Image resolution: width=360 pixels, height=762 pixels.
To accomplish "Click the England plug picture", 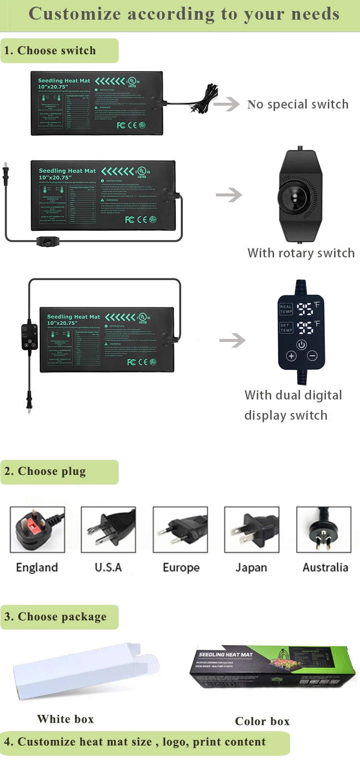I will [x=37, y=530].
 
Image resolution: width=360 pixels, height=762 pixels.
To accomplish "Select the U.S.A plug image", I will [x=108, y=530].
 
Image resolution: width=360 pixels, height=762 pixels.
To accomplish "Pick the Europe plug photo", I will [x=180, y=530].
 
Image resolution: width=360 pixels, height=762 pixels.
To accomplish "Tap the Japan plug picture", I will [x=252, y=530].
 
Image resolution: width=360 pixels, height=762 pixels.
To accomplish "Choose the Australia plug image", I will [x=324, y=530].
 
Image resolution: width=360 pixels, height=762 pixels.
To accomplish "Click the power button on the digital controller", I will [x=301, y=344].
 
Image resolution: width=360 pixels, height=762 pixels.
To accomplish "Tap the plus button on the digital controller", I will [x=291, y=356].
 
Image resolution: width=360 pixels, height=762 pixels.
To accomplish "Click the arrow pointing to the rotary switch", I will [x=229, y=195].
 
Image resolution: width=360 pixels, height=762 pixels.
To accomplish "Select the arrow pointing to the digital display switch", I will [x=232, y=340].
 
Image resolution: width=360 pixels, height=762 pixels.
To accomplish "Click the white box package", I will [x=86, y=670].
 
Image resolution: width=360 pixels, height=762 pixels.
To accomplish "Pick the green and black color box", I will [x=272, y=668].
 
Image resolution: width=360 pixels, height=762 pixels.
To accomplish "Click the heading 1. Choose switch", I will [x=50, y=50].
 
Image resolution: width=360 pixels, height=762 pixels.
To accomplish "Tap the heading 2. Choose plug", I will [x=46, y=472].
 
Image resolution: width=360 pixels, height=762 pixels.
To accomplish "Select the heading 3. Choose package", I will [x=56, y=617].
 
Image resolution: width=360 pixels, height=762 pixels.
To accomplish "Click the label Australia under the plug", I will [x=325, y=568].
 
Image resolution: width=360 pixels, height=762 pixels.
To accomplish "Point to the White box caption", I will [x=66, y=719].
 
